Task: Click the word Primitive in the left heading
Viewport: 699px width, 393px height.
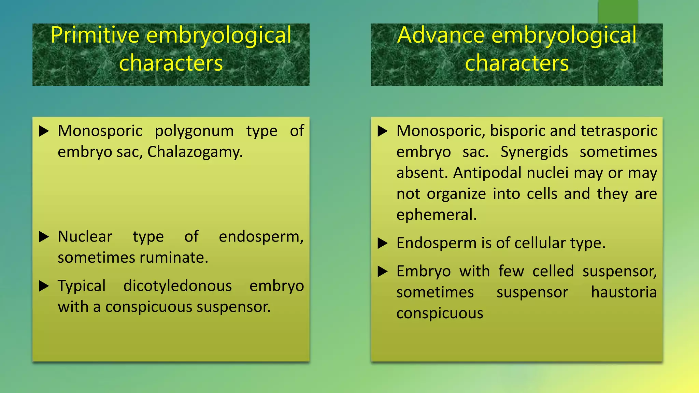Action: click(95, 35)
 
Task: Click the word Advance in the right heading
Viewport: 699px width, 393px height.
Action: click(441, 35)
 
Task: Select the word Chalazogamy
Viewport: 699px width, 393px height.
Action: click(195, 152)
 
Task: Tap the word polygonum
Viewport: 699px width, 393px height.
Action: click(194, 131)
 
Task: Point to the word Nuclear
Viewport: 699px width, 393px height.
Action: click(85, 236)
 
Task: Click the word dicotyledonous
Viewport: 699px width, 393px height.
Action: click(177, 286)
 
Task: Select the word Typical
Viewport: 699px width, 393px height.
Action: click(82, 286)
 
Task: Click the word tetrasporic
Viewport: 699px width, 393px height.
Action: click(619, 131)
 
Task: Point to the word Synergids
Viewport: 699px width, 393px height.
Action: click(534, 152)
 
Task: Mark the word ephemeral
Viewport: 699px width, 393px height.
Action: click(436, 215)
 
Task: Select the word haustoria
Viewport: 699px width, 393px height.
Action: click(624, 292)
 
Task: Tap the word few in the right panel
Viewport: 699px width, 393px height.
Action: click(511, 272)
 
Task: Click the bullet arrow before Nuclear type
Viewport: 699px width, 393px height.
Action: click(44, 236)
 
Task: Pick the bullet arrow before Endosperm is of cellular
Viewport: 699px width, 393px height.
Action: click(383, 243)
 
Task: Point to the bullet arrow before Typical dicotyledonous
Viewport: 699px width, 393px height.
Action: click(44, 286)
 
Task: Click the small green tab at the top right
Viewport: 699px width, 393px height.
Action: click(618, 12)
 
